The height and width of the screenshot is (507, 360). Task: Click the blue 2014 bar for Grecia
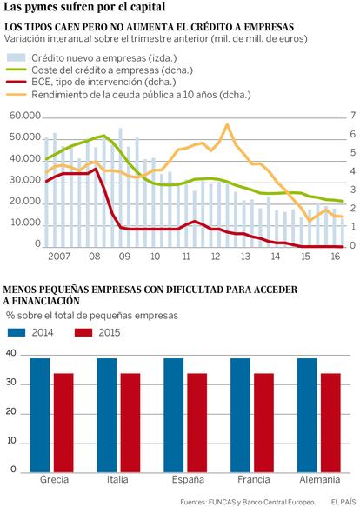click(40, 415)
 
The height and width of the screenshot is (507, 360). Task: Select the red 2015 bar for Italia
click(130, 423)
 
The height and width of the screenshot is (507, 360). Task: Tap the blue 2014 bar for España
click(174, 415)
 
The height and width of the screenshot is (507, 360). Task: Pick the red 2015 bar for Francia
click(264, 423)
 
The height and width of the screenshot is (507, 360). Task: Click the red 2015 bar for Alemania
click(330, 423)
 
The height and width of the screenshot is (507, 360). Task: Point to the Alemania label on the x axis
click(320, 479)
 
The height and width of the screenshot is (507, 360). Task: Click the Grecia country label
click(54, 479)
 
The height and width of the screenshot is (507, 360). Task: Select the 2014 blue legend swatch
click(17, 332)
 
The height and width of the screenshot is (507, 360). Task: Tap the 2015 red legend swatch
click(83, 332)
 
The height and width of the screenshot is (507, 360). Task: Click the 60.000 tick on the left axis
click(25, 116)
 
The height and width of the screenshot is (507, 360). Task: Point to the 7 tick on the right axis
click(353, 115)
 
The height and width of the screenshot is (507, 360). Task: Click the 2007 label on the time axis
click(59, 257)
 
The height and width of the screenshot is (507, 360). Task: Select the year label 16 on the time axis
click(336, 257)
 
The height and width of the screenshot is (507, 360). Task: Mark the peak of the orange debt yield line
click(227, 124)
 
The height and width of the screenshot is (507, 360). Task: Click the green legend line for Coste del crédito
click(17, 70)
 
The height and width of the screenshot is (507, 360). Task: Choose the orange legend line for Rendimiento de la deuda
click(17, 95)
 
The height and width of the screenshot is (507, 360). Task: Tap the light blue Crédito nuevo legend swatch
click(17, 58)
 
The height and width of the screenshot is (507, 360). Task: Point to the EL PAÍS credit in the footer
click(343, 502)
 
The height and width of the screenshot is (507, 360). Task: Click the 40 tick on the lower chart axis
click(11, 353)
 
